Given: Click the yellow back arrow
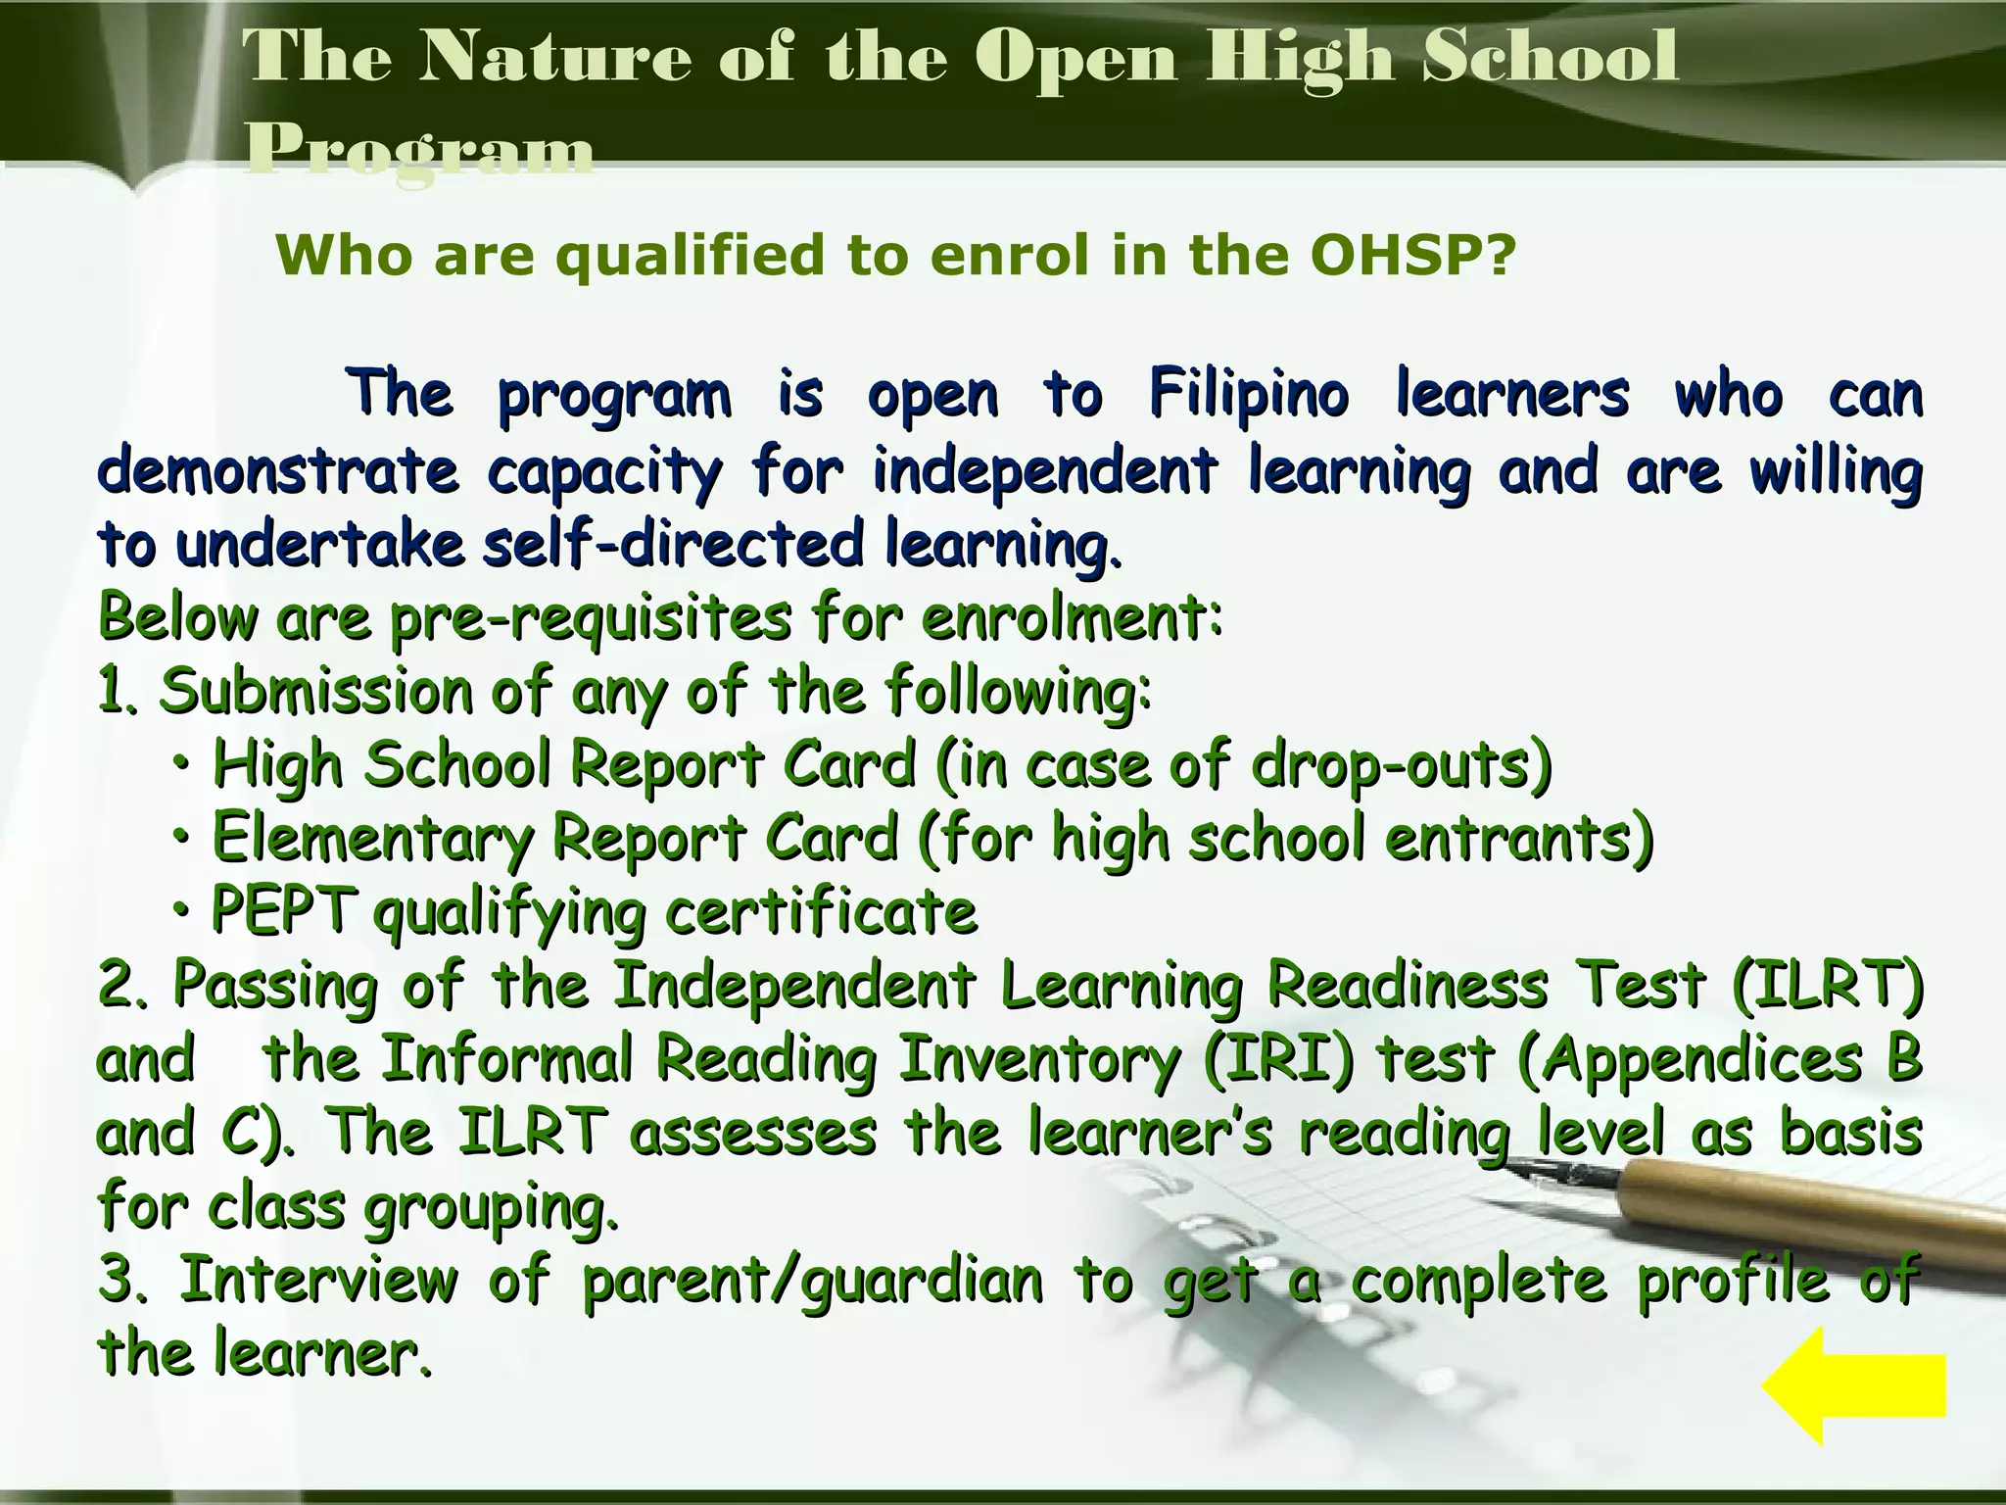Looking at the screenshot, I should point(1854,1385).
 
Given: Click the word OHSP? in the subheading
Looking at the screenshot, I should point(1412,257).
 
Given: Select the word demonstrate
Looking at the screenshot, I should point(277,471).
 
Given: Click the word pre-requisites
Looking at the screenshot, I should point(591,619).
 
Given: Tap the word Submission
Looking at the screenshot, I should point(316,692).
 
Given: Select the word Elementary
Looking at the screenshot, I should point(373,840).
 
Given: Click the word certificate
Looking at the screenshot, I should point(821,912).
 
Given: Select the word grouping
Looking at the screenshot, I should point(491,1209).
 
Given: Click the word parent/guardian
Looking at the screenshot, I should point(812,1282).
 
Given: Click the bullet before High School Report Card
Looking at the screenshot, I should point(182,761).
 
